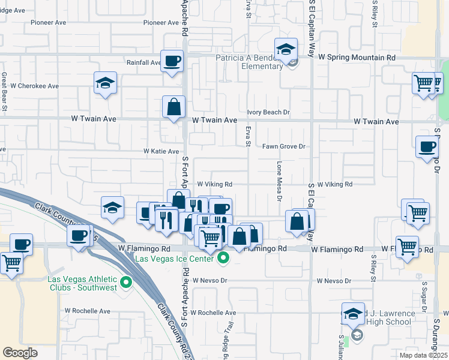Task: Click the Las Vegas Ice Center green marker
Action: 223,259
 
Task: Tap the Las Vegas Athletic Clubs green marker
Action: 126,282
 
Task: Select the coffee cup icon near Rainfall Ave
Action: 172,61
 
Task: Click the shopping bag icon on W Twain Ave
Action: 173,107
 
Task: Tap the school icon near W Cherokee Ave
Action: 105,83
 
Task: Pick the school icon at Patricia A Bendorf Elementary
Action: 286,49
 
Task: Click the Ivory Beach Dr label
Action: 268,112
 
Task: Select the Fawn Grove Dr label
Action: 284,146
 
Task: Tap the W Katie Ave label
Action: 161,152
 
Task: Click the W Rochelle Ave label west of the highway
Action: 88,311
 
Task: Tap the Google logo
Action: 20,353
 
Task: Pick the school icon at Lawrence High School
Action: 353,314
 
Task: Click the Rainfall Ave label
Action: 143,62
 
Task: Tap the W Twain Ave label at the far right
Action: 376,122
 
